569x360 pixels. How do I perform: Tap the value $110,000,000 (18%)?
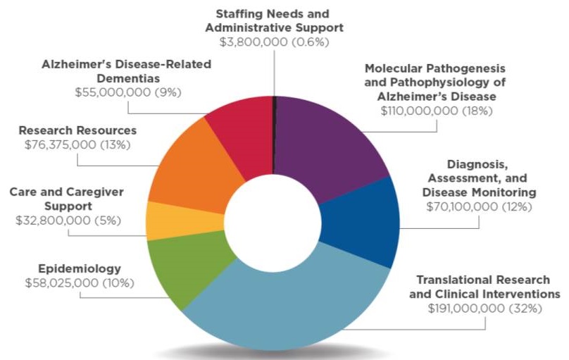pyautogui.click(x=437, y=111)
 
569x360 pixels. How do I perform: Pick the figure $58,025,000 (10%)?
pyautogui.click(x=78, y=283)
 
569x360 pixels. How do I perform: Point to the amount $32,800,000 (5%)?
pyautogui.click(x=68, y=221)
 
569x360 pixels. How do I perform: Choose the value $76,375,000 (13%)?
pyautogui.click(x=78, y=144)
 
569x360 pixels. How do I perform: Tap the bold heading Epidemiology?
pyautogui.click(x=79, y=269)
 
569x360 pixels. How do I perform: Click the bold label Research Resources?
pyautogui.click(x=77, y=130)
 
